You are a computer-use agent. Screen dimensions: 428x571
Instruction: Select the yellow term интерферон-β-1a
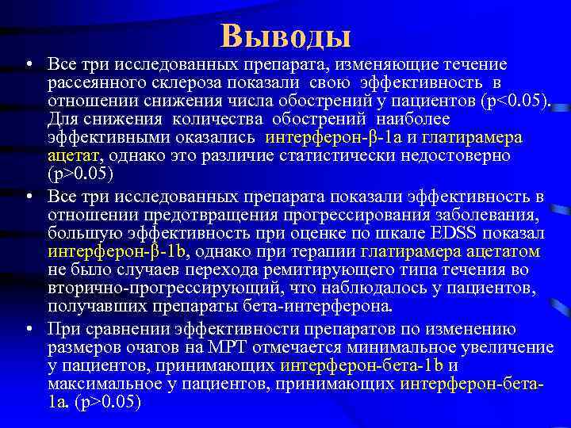[x=323, y=136]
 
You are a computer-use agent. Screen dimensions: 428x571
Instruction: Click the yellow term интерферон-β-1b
[x=100, y=252]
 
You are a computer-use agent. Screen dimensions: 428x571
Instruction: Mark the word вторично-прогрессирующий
[x=134, y=288]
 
